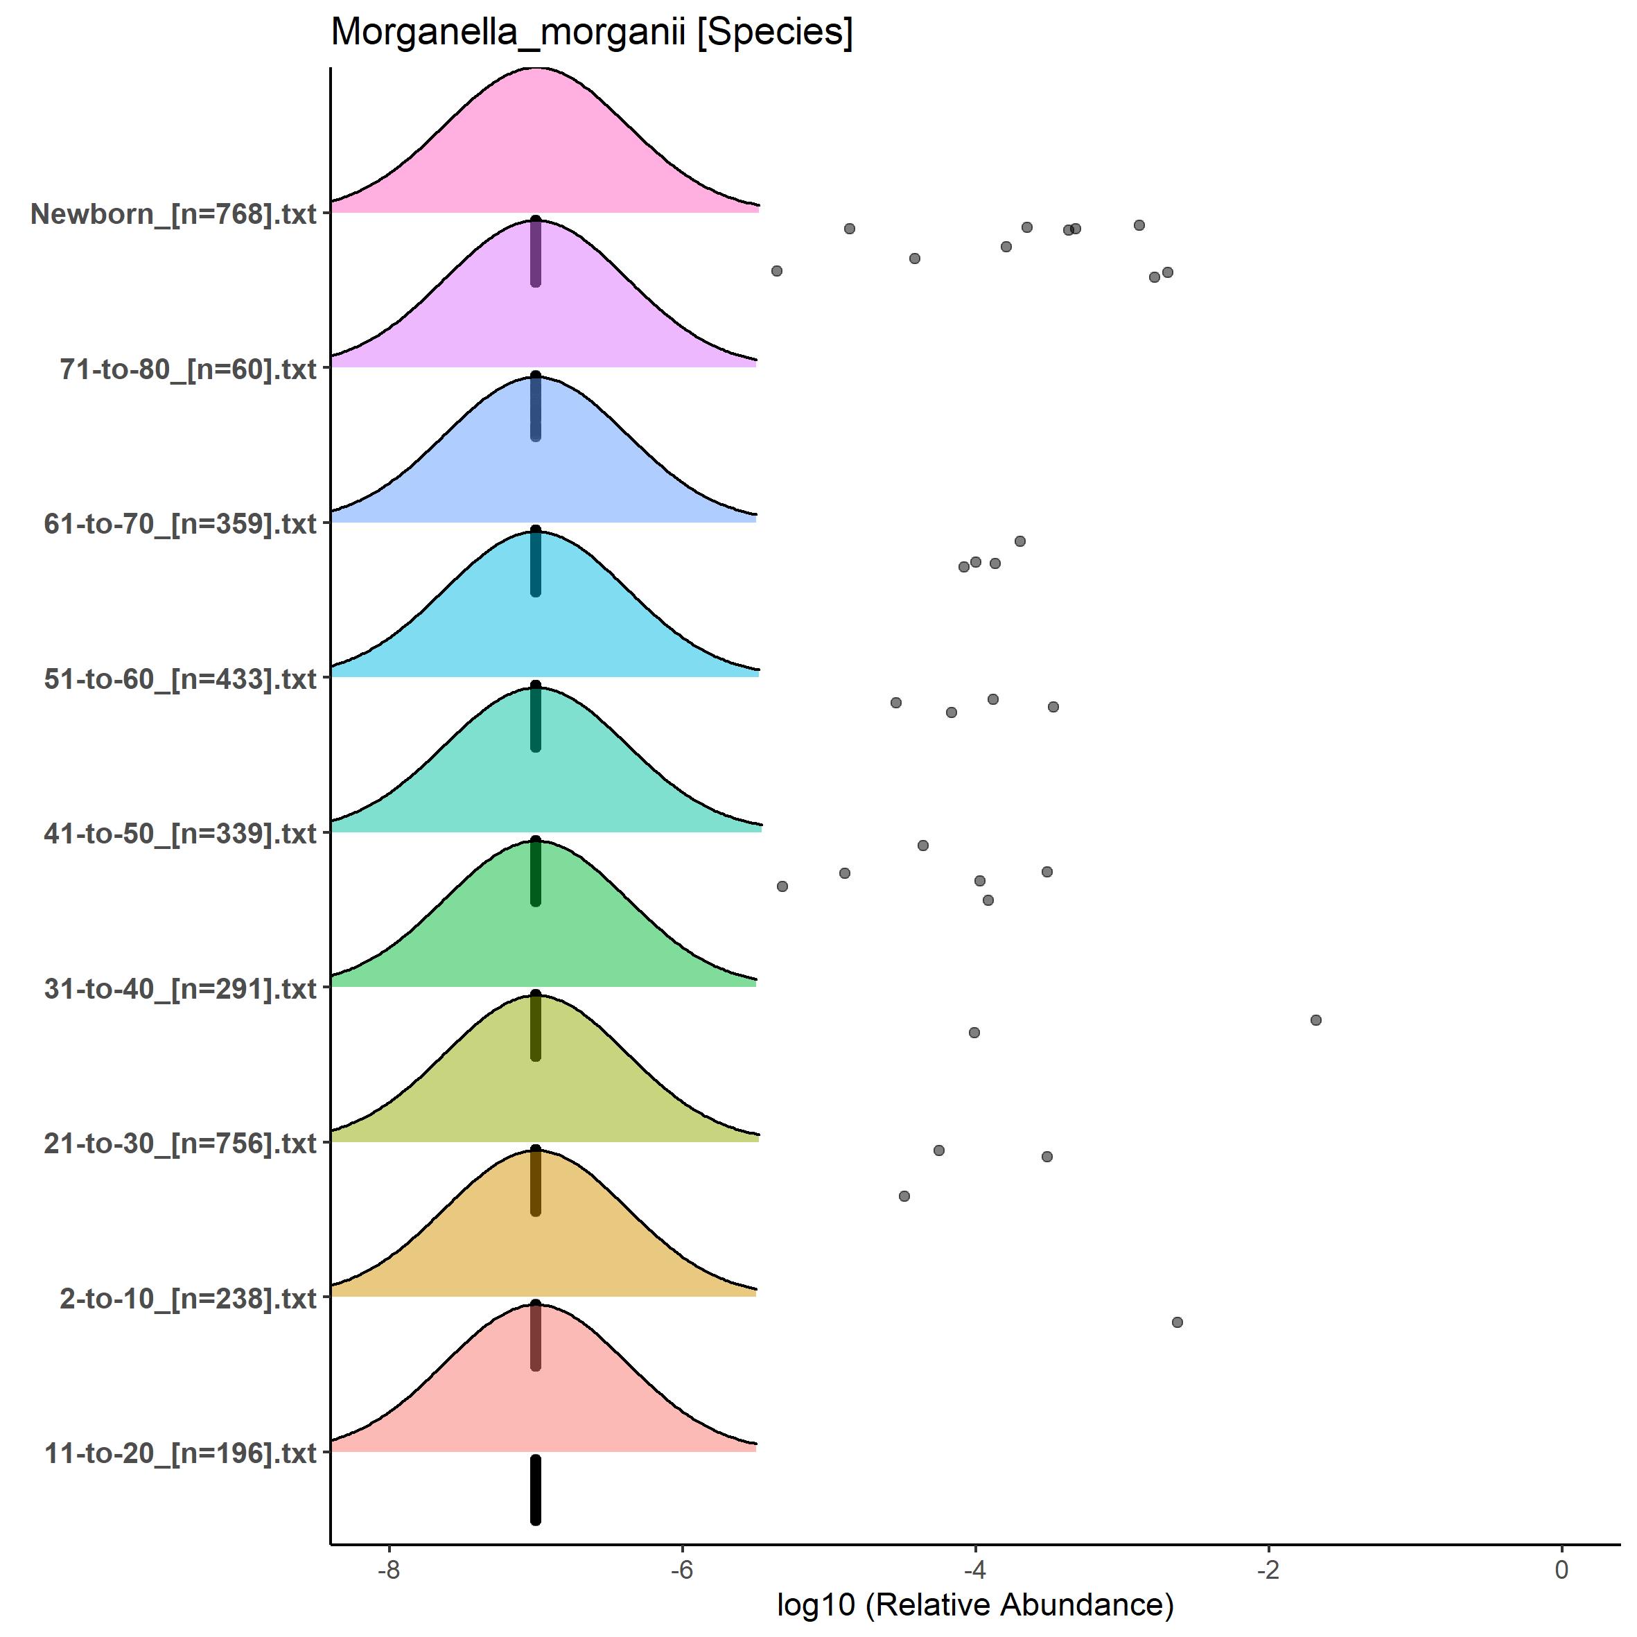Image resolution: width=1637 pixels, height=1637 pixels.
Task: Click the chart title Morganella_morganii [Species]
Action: (x=591, y=32)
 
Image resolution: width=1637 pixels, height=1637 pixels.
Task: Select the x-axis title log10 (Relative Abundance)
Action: (x=974, y=1604)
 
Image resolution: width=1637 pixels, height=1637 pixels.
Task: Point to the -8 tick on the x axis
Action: (x=389, y=1569)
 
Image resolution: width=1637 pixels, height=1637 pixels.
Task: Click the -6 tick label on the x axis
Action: (x=682, y=1569)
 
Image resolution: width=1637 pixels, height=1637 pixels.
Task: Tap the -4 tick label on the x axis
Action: (x=975, y=1569)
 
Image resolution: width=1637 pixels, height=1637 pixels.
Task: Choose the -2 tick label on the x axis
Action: (x=1268, y=1569)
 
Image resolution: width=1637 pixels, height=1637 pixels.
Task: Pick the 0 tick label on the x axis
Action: (x=1561, y=1569)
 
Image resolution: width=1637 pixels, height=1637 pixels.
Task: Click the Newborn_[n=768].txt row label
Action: (x=173, y=213)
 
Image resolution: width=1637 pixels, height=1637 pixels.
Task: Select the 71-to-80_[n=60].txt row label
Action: (x=187, y=369)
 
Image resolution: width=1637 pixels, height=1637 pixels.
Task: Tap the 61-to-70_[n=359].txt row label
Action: (x=180, y=524)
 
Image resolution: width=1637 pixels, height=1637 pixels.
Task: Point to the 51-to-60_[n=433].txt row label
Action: (x=180, y=679)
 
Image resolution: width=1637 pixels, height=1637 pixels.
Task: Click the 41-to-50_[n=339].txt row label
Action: (x=180, y=834)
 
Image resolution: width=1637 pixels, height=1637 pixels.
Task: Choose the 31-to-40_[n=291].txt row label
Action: (x=180, y=989)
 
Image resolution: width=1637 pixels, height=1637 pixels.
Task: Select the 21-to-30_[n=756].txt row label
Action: (x=180, y=1144)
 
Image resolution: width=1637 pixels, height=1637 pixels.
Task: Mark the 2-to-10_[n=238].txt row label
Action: (x=187, y=1298)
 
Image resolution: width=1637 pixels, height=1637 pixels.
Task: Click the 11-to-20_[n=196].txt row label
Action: (x=180, y=1453)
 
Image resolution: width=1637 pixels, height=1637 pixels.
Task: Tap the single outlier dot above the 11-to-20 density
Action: (x=1177, y=1322)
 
